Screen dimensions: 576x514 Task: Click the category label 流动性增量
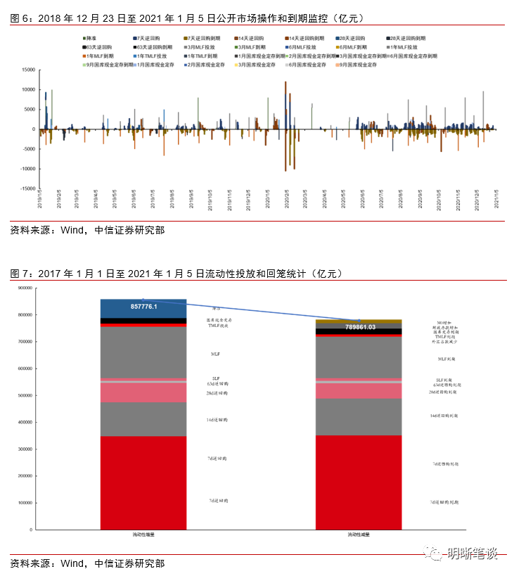click(143, 536)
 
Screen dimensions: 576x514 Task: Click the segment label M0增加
click(446, 322)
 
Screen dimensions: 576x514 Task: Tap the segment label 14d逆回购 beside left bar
click(217, 420)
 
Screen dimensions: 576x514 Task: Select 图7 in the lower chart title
click(19, 274)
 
